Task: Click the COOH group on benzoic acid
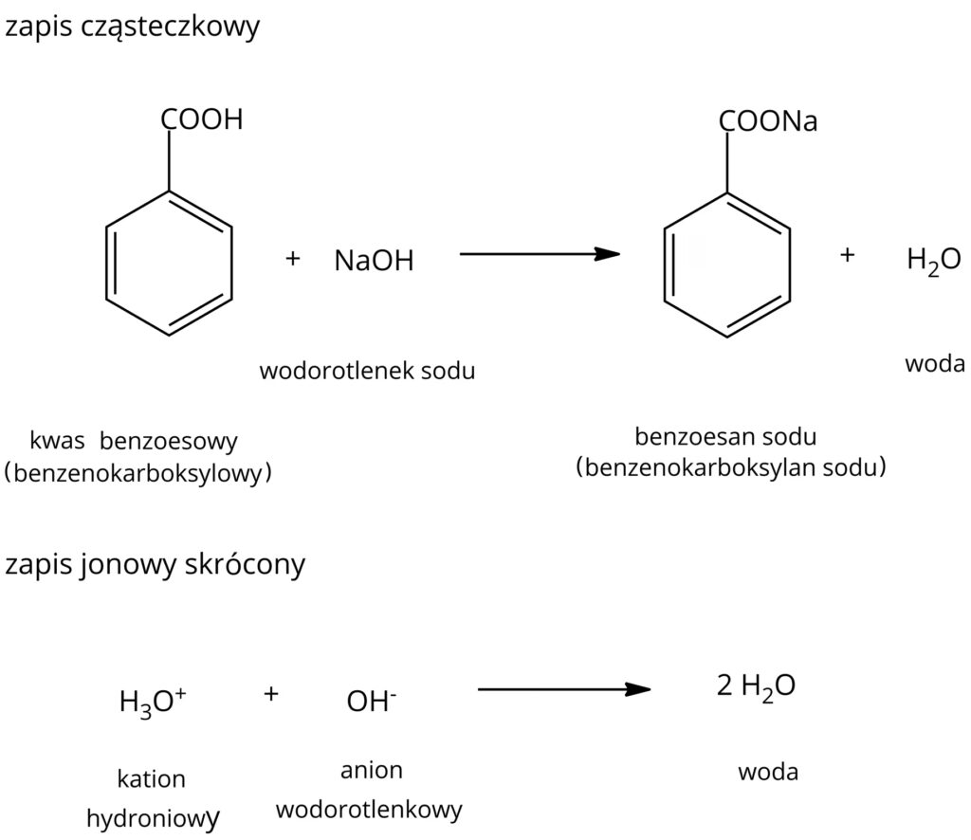[202, 119]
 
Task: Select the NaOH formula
[374, 262]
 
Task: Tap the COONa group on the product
[767, 122]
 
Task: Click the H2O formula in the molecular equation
[933, 260]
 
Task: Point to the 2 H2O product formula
[755, 686]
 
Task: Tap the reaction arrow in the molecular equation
[538, 254]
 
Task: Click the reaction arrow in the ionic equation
[563, 689]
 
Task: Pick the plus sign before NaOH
[293, 258]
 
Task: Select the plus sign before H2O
[848, 255]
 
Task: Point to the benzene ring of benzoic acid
[170, 264]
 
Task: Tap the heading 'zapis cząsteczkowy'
[132, 27]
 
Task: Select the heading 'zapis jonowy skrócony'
[156, 565]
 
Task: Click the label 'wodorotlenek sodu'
[367, 371]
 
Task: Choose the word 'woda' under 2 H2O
[768, 772]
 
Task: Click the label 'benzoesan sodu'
[725, 437]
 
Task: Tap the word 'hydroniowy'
[154, 817]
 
